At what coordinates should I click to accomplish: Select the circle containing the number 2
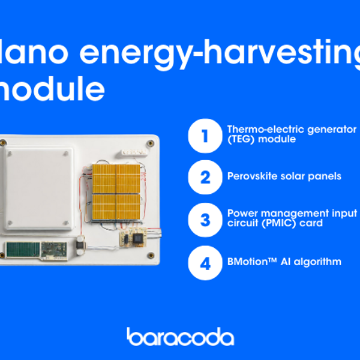point(205,177)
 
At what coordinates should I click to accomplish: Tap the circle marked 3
point(205,220)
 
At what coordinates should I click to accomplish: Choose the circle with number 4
point(205,262)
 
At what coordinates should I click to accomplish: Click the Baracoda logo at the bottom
point(180,337)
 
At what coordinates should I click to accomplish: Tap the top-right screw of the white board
point(149,144)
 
